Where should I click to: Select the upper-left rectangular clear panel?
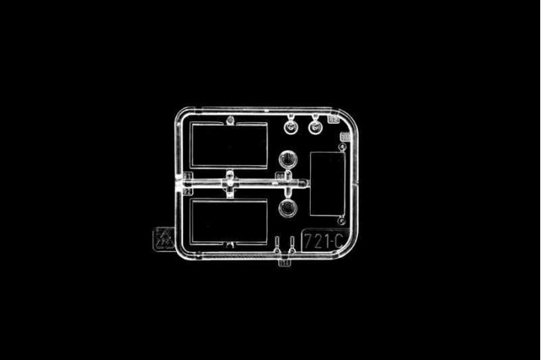tap(229, 144)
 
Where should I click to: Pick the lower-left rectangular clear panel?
tap(229, 222)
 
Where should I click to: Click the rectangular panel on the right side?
tap(327, 184)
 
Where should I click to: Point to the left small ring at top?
tap(291, 125)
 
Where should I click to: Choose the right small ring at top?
tap(316, 125)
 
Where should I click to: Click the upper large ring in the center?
tap(288, 160)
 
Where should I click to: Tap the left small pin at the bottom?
tap(277, 246)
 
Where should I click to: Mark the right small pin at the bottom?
tap(291, 246)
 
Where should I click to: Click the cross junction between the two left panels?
tap(230, 183)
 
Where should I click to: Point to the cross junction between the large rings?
tap(288, 184)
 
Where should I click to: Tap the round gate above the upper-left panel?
tap(230, 120)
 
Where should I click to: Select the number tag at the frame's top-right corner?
tap(333, 119)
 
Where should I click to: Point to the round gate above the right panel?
tap(341, 144)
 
